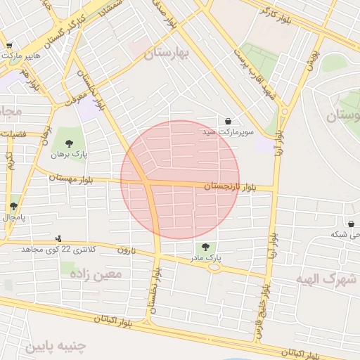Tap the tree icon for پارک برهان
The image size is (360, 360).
[69, 143]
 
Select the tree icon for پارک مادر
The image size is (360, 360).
[205, 247]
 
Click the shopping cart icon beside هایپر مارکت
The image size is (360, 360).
[9, 46]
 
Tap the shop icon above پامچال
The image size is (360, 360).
[14, 206]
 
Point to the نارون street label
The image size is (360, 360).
[125, 250]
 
